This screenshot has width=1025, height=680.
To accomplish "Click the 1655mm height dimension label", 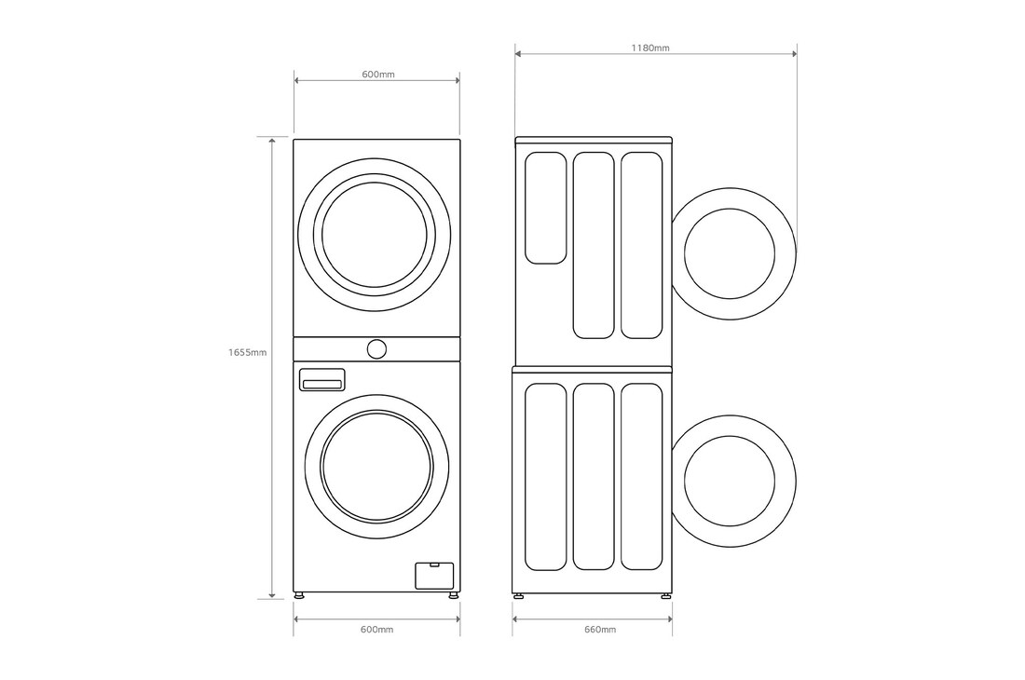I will point(248,353).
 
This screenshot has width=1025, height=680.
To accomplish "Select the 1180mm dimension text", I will point(649,47).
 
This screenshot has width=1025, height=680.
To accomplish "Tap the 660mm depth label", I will point(599,630).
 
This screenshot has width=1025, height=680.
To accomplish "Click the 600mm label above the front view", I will point(376,74).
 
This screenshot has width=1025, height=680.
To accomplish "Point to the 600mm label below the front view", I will point(376,630).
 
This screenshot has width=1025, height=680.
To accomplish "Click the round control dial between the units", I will point(376,349).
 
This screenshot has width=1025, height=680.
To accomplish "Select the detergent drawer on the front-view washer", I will point(321,380).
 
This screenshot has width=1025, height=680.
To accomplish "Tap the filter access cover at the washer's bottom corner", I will point(433,574).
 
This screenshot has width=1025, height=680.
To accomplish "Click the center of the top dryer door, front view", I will point(376,235).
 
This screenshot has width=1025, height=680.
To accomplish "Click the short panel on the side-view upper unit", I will point(545,208).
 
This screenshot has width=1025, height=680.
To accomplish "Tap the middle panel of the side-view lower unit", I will point(594,476).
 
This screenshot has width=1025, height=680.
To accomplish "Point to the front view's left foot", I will point(298,595).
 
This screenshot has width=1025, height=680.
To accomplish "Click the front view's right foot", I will point(453,595).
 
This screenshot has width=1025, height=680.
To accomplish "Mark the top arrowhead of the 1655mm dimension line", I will point(272,141).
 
